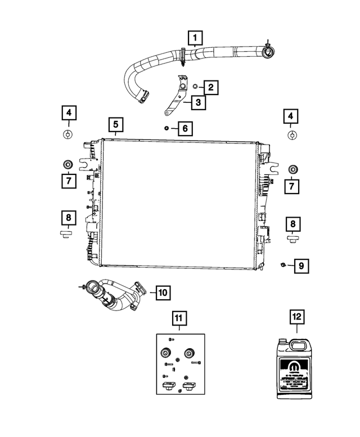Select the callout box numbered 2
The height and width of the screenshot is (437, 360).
tap(210, 87)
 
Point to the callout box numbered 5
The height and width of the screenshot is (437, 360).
tap(115, 124)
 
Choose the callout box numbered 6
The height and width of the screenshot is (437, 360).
tap(184, 129)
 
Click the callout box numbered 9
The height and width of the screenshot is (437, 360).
tap(300, 264)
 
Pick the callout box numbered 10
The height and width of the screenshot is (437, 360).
tap(162, 292)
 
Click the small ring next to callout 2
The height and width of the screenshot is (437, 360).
tap(194, 87)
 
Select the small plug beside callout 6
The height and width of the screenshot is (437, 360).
tap(166, 128)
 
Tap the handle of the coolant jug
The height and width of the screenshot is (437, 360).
tap(296, 345)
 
